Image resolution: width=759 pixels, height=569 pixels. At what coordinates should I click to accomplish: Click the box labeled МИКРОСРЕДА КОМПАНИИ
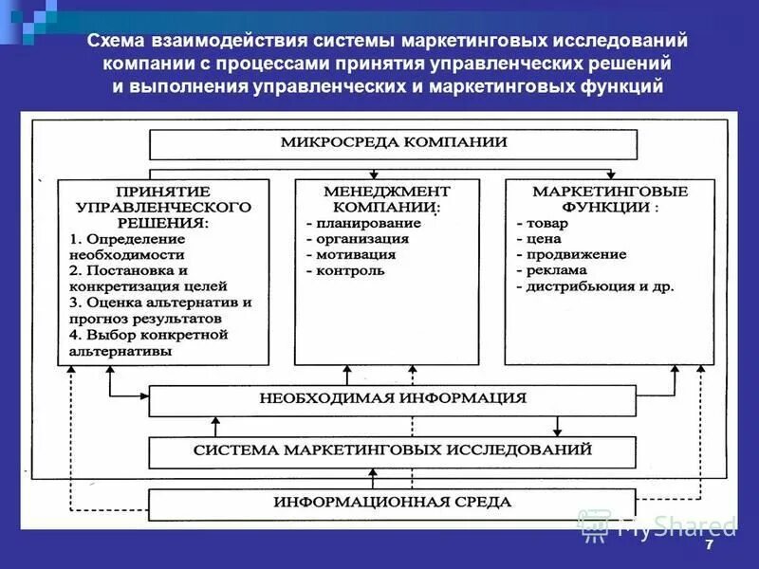[393, 143]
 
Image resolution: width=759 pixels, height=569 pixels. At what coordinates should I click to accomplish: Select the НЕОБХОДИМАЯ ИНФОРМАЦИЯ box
[392, 399]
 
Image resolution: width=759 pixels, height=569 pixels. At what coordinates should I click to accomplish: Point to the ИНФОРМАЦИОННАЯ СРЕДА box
[392, 502]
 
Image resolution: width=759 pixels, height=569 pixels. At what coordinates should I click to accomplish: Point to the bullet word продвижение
[571, 254]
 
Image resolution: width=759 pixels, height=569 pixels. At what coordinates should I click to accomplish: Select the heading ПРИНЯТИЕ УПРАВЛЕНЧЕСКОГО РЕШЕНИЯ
[162, 206]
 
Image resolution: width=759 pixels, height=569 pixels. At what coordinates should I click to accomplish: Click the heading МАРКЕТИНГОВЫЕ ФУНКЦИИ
[609, 198]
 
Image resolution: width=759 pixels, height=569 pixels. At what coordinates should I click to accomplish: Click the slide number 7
[709, 550]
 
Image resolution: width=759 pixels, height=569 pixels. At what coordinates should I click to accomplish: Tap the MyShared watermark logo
[657, 524]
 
